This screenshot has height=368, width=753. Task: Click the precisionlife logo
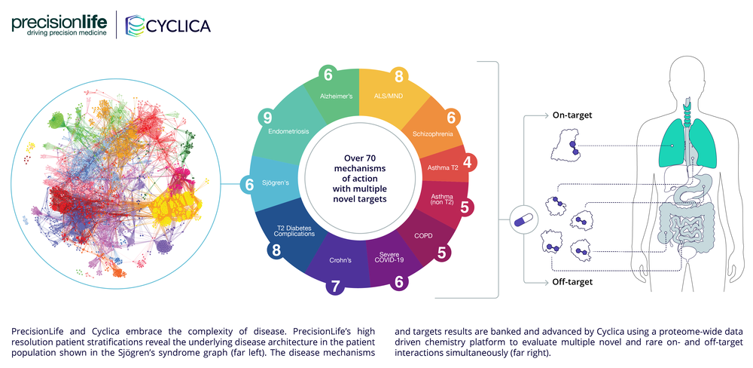[59, 26]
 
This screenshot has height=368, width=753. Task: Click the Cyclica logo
[168, 26]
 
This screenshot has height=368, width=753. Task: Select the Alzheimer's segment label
[337, 97]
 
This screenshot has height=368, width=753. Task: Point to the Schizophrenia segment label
[433, 134]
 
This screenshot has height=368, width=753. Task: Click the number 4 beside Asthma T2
[467, 162]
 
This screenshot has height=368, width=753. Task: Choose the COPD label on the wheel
[424, 236]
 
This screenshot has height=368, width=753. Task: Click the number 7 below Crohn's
[335, 286]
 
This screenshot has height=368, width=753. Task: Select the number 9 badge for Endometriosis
[267, 118]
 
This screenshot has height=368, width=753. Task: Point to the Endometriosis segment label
[288, 130]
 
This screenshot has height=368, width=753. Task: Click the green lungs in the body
[689, 143]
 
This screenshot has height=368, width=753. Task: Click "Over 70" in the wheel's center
[360, 158]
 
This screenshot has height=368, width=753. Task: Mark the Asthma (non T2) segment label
[442, 200]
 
